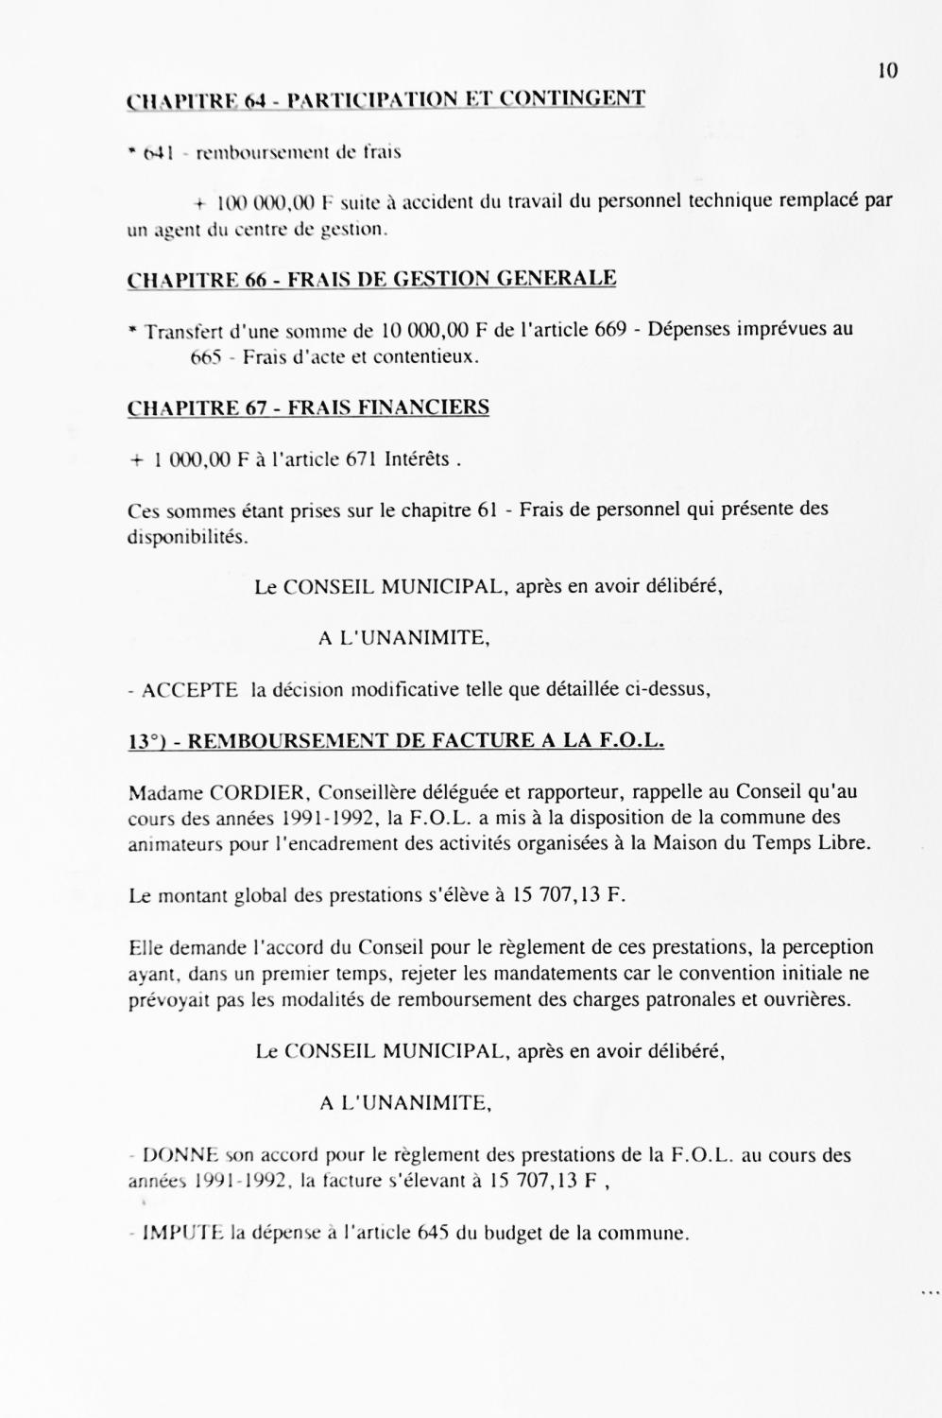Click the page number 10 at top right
coord(887,71)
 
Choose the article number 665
coord(205,357)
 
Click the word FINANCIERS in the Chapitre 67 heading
coord(436,408)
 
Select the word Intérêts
coord(417,459)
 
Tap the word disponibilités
coord(188,536)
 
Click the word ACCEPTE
coord(190,690)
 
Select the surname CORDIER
coord(255,792)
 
